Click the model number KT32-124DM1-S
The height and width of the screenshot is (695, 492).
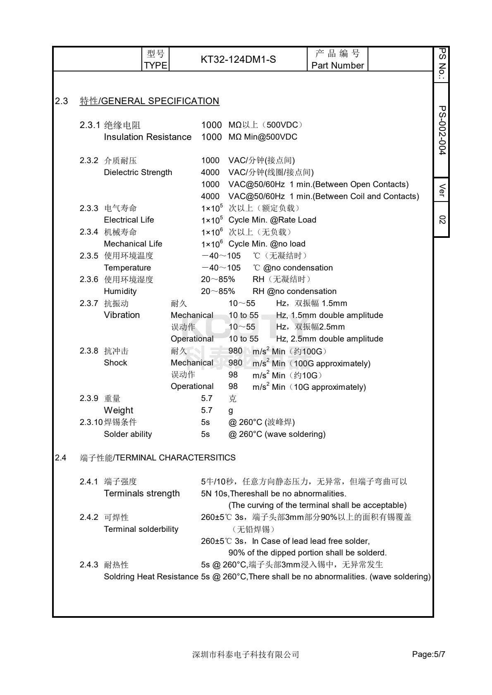(x=238, y=59)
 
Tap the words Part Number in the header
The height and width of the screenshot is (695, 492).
(x=337, y=65)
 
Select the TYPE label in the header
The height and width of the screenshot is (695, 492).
(x=155, y=65)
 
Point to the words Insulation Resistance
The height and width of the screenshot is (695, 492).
(x=148, y=137)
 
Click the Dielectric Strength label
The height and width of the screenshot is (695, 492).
(x=138, y=172)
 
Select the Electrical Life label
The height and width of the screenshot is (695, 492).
(x=129, y=220)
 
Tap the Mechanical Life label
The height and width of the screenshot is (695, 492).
(x=133, y=244)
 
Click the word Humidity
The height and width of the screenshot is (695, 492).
(x=120, y=291)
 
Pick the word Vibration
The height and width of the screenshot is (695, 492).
(x=122, y=315)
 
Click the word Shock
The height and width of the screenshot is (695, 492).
(x=115, y=363)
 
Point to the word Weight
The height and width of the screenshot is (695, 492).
(x=118, y=410)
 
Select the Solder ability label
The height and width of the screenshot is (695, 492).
(x=128, y=434)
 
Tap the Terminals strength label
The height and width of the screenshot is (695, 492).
(x=142, y=493)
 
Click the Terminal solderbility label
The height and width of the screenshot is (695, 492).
(x=141, y=529)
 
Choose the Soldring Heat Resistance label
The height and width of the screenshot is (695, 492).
(x=151, y=576)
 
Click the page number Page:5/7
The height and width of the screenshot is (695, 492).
(x=428, y=654)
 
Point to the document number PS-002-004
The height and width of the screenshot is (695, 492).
(x=442, y=130)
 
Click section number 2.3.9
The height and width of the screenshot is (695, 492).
(x=89, y=398)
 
